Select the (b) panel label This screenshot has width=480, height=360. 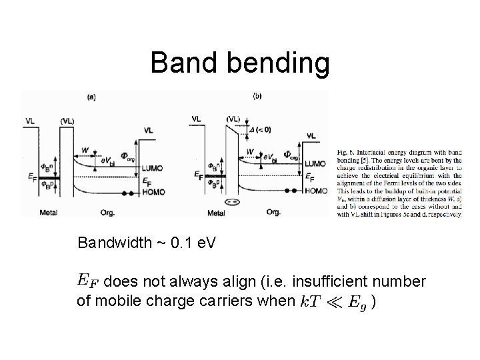[x=257, y=96]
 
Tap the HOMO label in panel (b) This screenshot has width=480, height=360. [x=315, y=191]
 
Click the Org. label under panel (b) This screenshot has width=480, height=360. [x=273, y=213]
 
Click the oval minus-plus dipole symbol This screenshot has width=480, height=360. [x=233, y=201]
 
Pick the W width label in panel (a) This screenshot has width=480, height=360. [x=85, y=151]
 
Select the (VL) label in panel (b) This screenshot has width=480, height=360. [x=233, y=119]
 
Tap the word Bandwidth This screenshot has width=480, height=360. [x=114, y=242]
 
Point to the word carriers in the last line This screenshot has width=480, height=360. [x=239, y=301]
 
